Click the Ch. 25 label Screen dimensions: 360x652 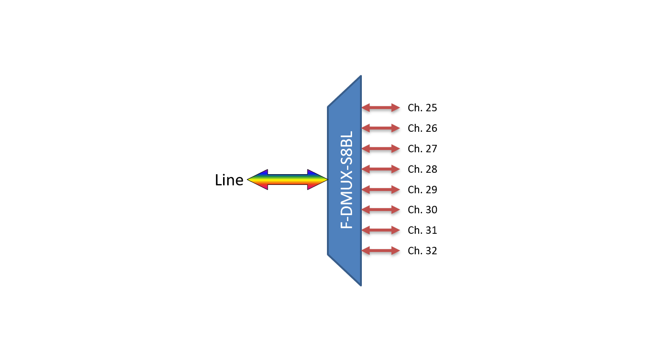422,108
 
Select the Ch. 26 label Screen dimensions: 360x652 422,128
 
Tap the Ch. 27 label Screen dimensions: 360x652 422,149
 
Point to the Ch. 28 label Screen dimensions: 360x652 422,169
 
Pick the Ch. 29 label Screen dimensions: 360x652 422,190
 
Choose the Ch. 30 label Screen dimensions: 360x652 422,210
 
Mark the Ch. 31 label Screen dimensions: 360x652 422,230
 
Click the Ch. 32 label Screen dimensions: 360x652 422,251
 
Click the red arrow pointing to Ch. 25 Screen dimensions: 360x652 381,108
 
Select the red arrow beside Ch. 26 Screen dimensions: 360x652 381,128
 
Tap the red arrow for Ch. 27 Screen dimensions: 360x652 381,149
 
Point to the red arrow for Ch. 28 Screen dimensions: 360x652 381,169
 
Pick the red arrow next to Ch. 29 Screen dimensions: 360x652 381,190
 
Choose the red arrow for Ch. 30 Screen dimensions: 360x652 381,210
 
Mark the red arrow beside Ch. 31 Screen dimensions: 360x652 381,230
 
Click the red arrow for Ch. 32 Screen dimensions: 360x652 381,251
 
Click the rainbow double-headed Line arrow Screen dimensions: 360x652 287,180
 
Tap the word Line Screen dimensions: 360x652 229,180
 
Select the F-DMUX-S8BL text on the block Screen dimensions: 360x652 347,180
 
